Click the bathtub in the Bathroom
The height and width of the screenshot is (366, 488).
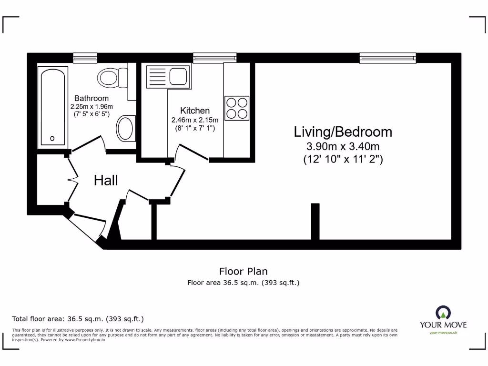pyautogui.click(x=52, y=106)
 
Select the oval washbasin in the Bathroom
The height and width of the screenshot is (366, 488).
pyautogui.click(x=126, y=128)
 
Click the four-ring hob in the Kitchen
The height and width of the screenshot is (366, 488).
pyautogui.click(x=237, y=108)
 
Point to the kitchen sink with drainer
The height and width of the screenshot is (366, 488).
pyautogui.click(x=168, y=76)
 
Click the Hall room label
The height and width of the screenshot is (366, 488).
pyautogui.click(x=106, y=180)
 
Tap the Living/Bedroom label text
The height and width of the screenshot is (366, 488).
pyautogui.click(x=343, y=132)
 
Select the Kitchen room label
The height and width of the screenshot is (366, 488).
pyautogui.click(x=194, y=111)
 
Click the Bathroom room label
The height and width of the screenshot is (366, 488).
pyautogui.click(x=91, y=99)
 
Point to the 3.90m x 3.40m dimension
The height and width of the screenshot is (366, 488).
pyautogui.click(x=343, y=147)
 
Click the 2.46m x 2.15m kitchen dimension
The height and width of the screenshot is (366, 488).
pyautogui.click(x=194, y=120)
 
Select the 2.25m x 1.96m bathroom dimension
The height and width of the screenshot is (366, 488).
pyautogui.click(x=91, y=107)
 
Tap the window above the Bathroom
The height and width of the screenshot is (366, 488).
pyautogui.click(x=85, y=58)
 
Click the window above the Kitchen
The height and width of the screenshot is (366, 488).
pyautogui.click(x=215, y=58)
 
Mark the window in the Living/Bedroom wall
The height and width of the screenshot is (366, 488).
pyautogui.click(x=387, y=58)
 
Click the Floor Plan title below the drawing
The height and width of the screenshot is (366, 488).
pyautogui.click(x=243, y=272)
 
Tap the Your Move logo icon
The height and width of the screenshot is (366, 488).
pyautogui.click(x=443, y=313)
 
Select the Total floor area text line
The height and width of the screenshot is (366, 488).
pyautogui.click(x=78, y=319)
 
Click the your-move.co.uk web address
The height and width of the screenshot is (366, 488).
pyautogui.click(x=443, y=333)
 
